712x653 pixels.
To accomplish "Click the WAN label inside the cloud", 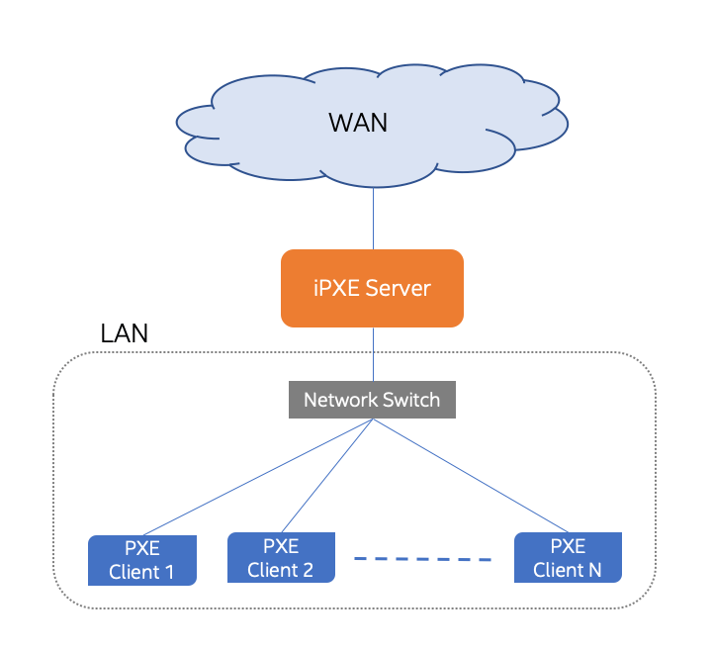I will coord(358,124).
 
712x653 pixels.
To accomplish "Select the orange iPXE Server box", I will coord(372,288).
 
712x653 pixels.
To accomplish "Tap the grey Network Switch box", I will coord(372,400).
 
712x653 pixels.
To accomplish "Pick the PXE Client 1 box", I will coord(142,560).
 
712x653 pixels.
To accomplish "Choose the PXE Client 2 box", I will coord(281,557).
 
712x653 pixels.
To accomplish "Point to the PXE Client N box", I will coord(568,557).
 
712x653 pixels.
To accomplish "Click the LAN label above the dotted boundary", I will coord(125,333).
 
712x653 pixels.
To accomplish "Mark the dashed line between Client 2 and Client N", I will coord(423,559).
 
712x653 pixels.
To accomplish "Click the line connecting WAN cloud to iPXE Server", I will coord(373,218).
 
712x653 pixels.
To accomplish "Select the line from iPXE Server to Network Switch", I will coord(373,354).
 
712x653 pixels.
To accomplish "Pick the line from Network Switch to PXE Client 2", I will coord(326,476).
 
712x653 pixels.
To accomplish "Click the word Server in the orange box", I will coord(399,289).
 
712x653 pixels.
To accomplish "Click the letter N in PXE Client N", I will coord(593,570).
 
